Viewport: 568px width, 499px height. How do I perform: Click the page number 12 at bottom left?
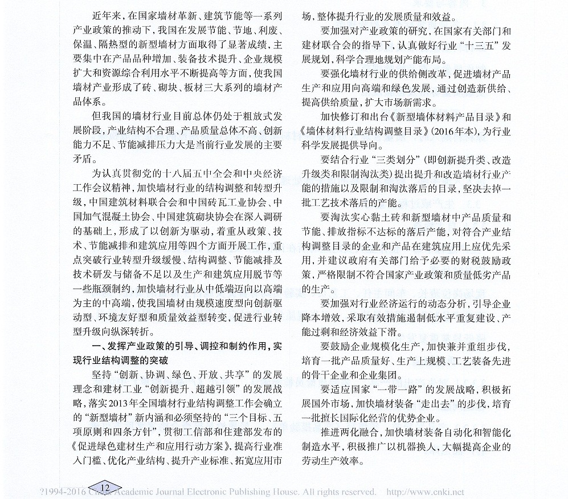tap(104, 487)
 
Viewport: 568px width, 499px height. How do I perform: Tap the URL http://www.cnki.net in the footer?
tap(426, 492)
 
